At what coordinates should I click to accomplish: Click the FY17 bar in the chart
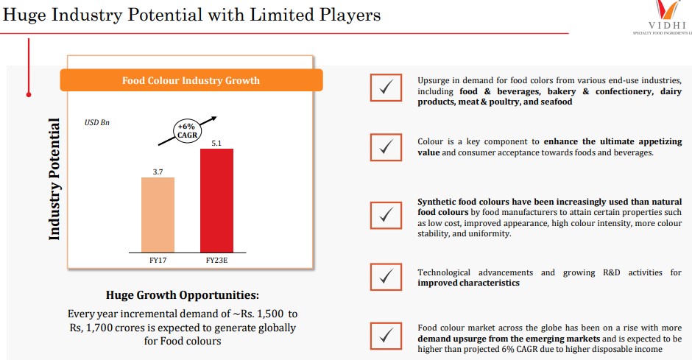click(158, 214)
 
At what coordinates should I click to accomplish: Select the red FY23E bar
click(216, 200)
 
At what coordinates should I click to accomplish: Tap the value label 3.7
click(158, 171)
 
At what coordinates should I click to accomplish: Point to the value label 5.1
click(216, 142)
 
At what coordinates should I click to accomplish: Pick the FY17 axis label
click(158, 260)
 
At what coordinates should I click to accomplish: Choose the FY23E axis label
click(216, 260)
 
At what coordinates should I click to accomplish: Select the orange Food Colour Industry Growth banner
click(191, 80)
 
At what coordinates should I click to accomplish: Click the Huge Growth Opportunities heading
click(182, 295)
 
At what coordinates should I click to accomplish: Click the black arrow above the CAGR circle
click(208, 119)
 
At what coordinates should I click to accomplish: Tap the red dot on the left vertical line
click(28, 94)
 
